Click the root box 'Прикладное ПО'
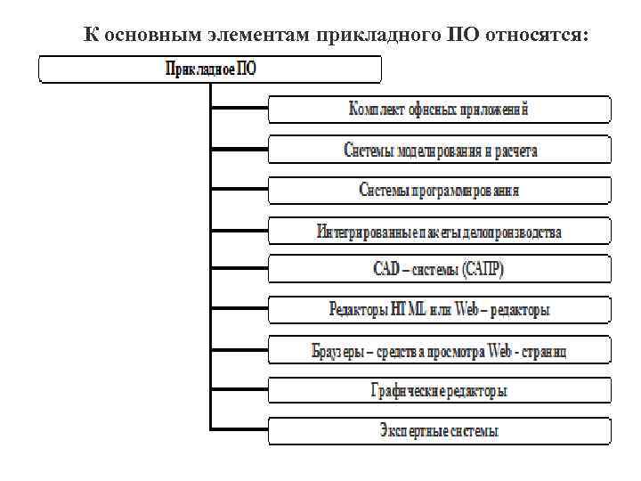(x=210, y=69)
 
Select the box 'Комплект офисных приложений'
(x=440, y=110)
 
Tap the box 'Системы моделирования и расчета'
(x=440, y=150)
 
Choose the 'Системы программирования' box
(x=440, y=190)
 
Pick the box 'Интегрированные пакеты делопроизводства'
(x=440, y=231)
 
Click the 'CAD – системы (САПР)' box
(x=440, y=270)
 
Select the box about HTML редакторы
(x=440, y=310)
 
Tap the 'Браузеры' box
(x=440, y=350)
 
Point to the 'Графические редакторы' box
(x=440, y=390)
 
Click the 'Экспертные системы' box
(x=440, y=431)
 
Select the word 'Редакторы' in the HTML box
(x=358, y=310)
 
